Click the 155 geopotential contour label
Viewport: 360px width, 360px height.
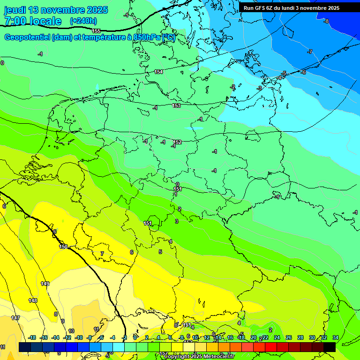pos(96,31)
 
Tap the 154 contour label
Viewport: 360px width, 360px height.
pos(158,72)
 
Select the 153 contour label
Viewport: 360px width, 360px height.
pos(176,105)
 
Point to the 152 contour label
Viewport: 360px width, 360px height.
pos(177,142)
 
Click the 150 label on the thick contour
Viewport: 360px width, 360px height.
pos(64,247)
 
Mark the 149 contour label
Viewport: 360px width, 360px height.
pos(45,284)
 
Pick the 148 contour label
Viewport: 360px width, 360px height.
pos(33,300)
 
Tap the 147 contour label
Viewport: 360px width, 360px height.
pos(15,318)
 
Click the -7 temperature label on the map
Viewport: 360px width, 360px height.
pos(310,52)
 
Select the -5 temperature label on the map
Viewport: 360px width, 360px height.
pos(284,74)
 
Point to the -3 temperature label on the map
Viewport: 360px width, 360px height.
pos(259,88)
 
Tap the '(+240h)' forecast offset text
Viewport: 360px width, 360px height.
pos(83,21)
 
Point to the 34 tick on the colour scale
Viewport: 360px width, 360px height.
pos(335,337)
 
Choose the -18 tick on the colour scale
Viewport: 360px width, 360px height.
pos(32,337)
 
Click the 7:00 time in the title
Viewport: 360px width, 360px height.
pos(16,21)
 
